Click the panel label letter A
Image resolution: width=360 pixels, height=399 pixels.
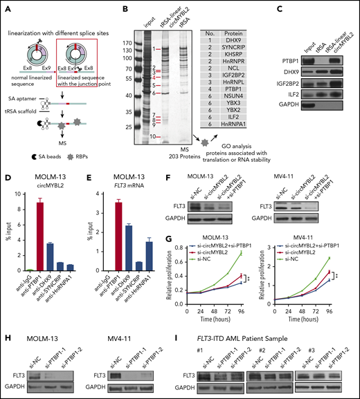point(6,9)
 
